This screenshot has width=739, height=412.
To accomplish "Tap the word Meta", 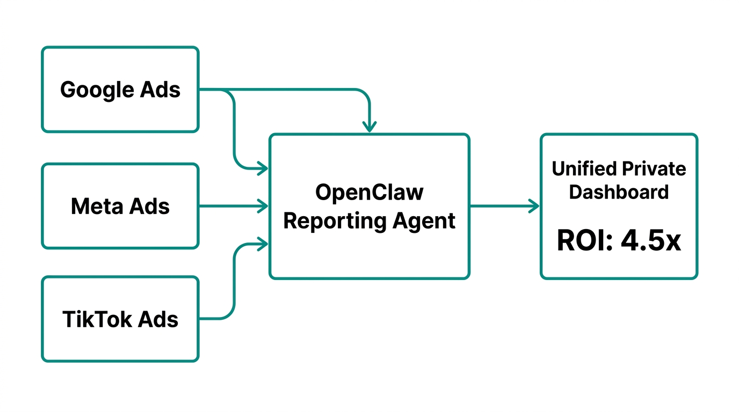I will tap(94, 206).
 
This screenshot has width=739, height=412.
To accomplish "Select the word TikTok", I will tap(97, 319).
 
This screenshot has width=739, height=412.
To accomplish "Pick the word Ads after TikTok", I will tap(158, 319).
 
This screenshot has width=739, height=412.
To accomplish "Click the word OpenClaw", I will tap(369, 192).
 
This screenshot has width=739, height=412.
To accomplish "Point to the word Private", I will tap(654, 169).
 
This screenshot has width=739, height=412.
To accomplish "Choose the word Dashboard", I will tap(619, 192).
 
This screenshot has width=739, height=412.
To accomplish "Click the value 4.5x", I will tap(651, 241).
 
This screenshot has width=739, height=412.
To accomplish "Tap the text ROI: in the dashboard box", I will tap(585, 241).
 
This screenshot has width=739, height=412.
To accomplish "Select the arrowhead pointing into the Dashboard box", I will tap(535, 206).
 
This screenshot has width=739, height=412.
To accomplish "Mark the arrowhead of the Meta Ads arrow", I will tap(264, 206).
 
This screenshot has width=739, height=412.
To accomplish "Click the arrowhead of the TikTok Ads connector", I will tap(264, 245).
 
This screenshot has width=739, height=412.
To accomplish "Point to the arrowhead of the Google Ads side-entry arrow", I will tap(264, 169).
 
